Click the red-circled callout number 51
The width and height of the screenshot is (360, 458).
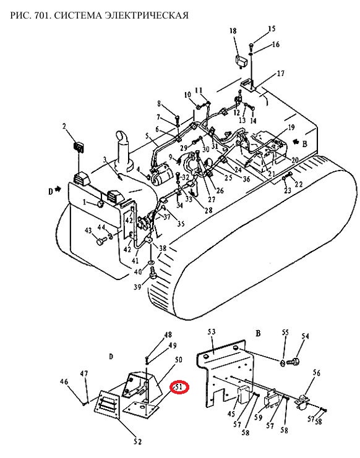[179, 387]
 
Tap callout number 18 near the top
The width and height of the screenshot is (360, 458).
[233, 31]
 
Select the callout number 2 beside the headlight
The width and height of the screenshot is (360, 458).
[64, 126]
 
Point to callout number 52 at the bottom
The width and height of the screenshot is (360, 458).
[137, 442]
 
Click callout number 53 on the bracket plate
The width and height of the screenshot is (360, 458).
[212, 331]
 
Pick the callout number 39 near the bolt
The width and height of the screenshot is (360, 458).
[137, 287]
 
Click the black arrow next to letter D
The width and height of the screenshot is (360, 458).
[58, 189]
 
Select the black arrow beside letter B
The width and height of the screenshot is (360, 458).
[296, 142]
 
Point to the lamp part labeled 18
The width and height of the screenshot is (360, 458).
[242, 62]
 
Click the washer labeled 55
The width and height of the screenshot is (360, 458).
[283, 363]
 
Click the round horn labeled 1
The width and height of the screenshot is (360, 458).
[101, 204]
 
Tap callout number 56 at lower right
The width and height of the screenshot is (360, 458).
[317, 373]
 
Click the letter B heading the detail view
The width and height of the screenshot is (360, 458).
[258, 333]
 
